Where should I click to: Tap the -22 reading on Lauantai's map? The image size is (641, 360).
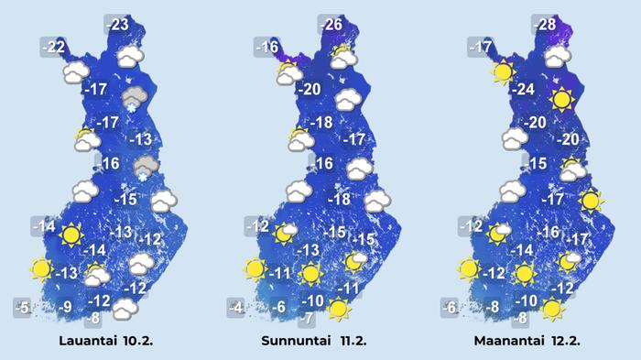click(55, 47)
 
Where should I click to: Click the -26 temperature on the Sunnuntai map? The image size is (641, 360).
click(333, 25)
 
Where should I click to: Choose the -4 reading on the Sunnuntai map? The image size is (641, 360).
click(238, 307)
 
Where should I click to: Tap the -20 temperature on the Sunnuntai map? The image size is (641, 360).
click(310, 90)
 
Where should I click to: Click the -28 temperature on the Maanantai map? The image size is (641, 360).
click(547, 25)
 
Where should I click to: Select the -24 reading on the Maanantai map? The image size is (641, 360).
click(523, 90)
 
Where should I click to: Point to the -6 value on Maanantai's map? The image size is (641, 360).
click(450, 307)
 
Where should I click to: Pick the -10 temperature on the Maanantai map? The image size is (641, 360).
click(526, 300)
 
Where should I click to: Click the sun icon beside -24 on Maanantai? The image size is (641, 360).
click(560, 100)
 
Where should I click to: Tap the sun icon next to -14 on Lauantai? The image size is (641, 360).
click(71, 235)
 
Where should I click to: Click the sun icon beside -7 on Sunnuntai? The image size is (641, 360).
click(339, 310)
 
